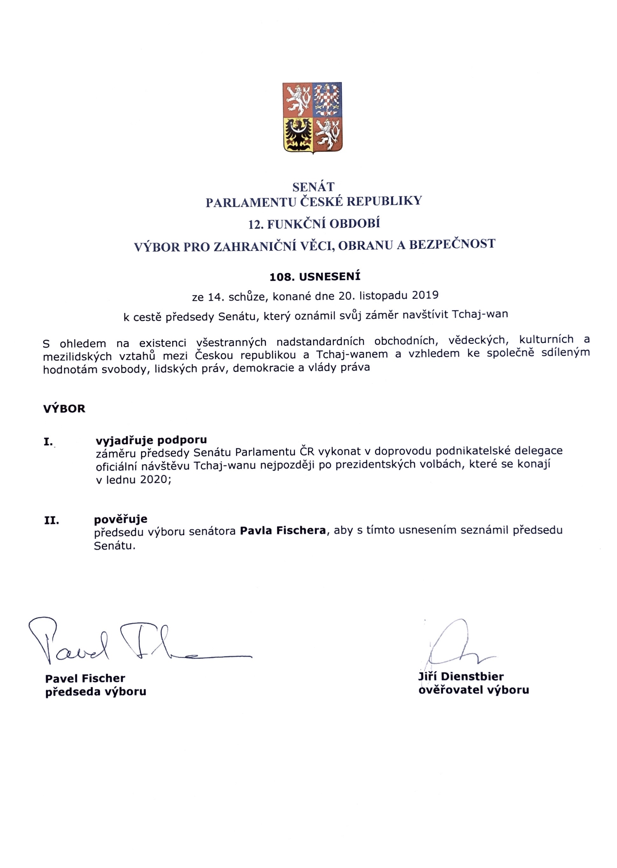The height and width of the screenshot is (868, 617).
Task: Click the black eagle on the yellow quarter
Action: point(298,135)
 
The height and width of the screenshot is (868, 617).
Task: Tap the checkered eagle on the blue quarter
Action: point(327,100)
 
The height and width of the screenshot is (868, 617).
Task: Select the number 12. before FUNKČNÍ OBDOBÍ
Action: point(256,224)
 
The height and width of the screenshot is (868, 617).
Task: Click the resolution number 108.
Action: point(282,277)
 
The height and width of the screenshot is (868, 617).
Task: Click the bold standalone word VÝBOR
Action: point(64,409)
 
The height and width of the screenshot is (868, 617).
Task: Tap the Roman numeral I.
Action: point(48,442)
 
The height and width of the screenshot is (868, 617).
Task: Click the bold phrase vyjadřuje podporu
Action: point(151,440)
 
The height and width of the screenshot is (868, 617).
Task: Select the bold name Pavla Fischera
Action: point(283,530)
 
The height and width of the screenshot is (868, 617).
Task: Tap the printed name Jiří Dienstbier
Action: point(461,676)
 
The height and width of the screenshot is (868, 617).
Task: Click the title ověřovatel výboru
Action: point(473,690)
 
